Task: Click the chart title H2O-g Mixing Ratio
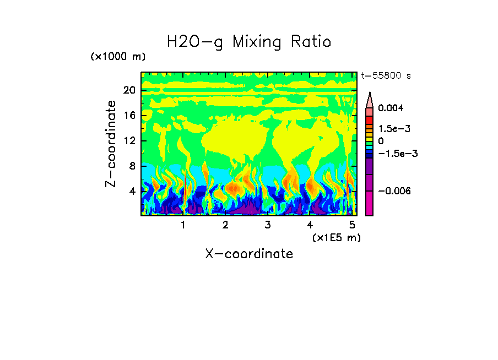pos(249,42)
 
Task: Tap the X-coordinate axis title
pos(249,254)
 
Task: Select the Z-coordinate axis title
pos(111,144)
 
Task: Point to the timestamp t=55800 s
pos(386,75)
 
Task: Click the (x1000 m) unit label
pos(118,57)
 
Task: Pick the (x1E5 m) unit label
pos(336,237)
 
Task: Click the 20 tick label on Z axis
pos(129,90)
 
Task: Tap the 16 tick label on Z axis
pos(129,115)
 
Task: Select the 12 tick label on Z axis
pos(129,140)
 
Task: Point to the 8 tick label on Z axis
pos(132,166)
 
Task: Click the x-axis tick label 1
pos(183,225)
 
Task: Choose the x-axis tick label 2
pos(225,225)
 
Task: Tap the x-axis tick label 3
pos(267,225)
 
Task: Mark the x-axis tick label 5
pos(352,225)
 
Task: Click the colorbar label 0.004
pos(391,108)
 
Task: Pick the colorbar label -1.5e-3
pos(397,154)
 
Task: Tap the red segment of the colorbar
pos(370,120)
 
